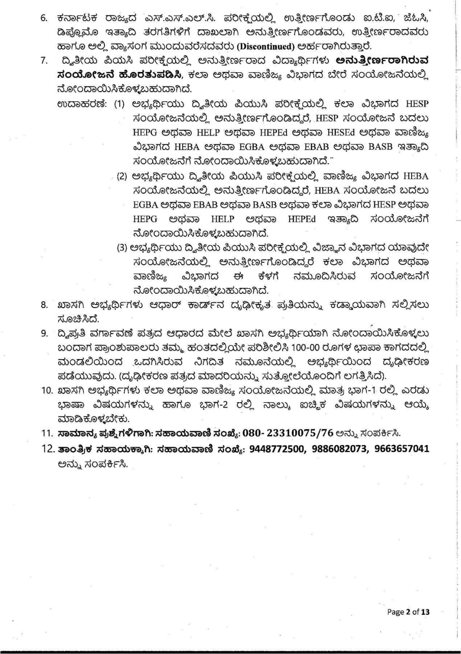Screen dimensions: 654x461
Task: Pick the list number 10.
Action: tap(47, 391)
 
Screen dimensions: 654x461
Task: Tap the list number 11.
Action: tap(47, 433)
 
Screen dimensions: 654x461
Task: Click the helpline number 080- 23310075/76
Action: tap(288, 433)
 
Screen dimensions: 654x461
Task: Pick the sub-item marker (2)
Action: tap(122, 177)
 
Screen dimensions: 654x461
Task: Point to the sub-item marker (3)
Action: tap(122, 248)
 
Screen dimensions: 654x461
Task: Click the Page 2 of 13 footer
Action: tap(408, 612)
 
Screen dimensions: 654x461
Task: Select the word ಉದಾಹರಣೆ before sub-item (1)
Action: tap(82, 104)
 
